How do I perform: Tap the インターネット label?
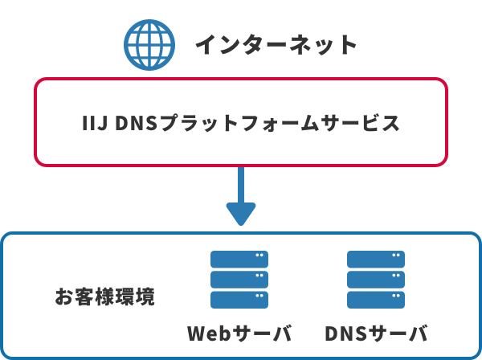click(276, 44)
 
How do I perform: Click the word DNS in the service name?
click(137, 124)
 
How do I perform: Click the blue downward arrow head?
click(240, 214)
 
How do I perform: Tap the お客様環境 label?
click(104, 296)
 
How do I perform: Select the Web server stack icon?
click(239, 280)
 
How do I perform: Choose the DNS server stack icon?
click(375, 280)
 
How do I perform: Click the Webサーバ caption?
click(239, 333)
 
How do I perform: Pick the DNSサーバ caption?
click(376, 333)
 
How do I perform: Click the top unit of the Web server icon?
click(239, 259)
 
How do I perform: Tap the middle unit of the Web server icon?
click(239, 280)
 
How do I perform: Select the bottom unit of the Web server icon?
click(239, 300)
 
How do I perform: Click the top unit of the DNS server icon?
click(375, 259)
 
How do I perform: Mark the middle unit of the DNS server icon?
click(375, 280)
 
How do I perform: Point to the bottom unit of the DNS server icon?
click(375, 300)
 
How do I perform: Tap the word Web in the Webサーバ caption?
click(210, 333)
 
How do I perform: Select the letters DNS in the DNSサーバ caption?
click(346, 333)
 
